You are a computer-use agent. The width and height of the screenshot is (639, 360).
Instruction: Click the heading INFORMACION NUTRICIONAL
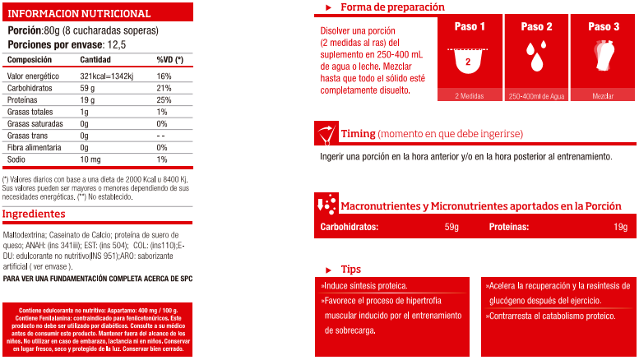79,13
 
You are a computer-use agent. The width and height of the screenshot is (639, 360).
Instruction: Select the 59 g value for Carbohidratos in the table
89,87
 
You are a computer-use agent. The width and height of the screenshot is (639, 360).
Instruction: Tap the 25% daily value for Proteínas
164,99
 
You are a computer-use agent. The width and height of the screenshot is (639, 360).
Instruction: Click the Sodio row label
17,159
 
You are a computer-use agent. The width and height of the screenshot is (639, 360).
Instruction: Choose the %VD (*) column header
169,60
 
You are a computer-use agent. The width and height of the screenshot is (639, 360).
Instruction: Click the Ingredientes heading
34,214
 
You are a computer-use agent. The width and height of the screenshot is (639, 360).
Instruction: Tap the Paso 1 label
470,26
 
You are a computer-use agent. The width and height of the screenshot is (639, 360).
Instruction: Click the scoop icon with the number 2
468,59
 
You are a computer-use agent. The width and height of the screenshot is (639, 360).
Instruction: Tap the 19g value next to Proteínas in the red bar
619,227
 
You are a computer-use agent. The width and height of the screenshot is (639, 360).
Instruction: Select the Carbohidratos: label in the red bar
349,227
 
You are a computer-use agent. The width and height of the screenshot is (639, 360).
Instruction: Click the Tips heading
351,269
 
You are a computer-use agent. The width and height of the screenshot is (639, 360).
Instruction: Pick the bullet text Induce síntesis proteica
363,286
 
